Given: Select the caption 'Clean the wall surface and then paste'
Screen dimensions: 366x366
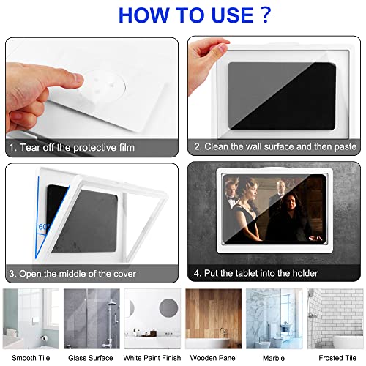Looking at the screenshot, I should (x=274, y=146).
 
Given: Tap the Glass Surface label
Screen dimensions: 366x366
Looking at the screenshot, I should (x=90, y=357).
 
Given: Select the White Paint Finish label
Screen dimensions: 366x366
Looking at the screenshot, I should (x=152, y=357).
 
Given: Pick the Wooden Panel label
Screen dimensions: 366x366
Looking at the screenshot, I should (x=213, y=357).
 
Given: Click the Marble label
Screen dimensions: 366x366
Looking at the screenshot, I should (x=273, y=357).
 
